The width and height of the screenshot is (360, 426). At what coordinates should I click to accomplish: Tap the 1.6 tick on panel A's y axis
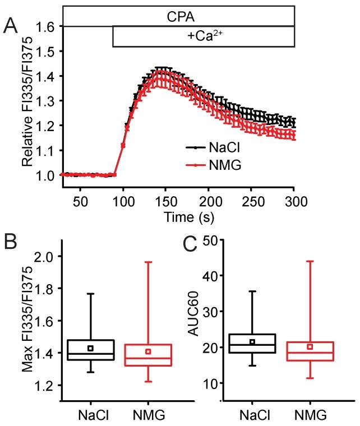click(48, 26)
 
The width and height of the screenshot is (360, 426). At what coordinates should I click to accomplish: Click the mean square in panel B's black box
click(90, 348)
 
